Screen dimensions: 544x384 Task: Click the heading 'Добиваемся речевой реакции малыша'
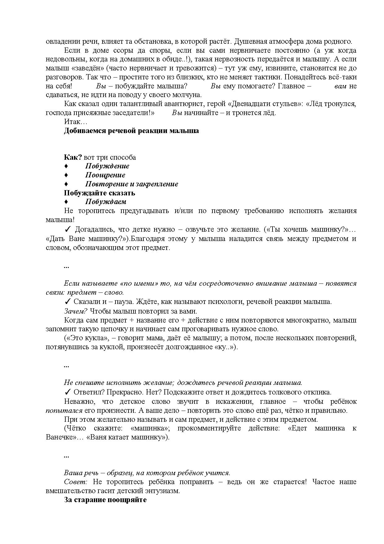pos(131,131)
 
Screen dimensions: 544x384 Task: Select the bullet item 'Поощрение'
pos(105,175)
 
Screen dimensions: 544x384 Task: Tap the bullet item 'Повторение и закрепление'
pos(132,184)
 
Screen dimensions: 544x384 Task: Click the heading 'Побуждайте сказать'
pos(99,193)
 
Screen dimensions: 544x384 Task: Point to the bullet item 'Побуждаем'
pos(106,202)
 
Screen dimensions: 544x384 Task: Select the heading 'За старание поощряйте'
pos(105,500)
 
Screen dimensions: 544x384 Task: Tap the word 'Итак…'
pos(76,122)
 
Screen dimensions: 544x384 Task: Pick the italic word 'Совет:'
pos(76,482)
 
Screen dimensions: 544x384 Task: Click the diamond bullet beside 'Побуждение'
pos(66,167)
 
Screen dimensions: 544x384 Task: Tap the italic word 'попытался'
pos(64,411)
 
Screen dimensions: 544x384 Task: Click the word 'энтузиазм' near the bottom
pos(163,491)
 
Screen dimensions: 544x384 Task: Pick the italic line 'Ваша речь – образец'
pos(147,473)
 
